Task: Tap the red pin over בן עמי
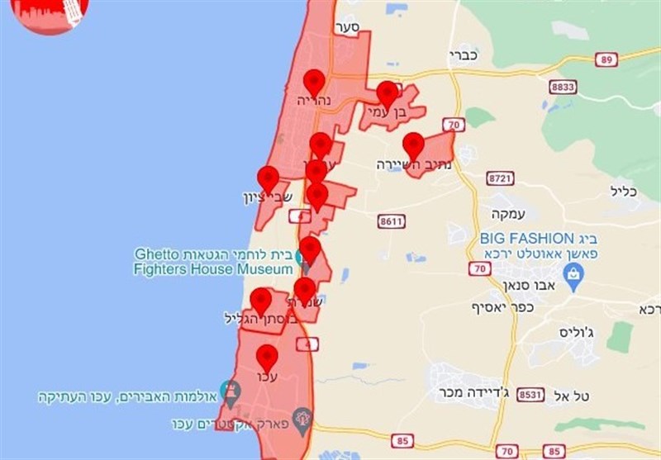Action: coord(387,94)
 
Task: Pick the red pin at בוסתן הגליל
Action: coord(261,301)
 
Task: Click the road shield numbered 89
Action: coord(607,60)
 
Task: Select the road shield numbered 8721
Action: coord(501,178)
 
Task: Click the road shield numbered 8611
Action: coord(391,221)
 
